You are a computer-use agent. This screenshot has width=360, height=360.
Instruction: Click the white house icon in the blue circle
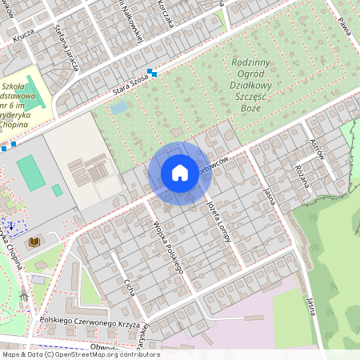click(x=180, y=173)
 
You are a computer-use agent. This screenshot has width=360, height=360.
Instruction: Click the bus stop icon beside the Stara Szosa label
click(x=151, y=74)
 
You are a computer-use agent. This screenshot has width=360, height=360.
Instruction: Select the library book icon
click(x=34, y=241)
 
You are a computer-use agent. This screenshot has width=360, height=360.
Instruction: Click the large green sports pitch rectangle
click(x=31, y=174)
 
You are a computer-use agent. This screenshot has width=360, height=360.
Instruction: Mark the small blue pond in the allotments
click(x=119, y=106)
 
